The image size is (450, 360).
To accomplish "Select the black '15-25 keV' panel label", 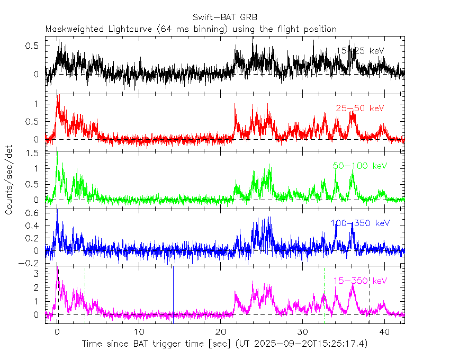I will pos(360,51).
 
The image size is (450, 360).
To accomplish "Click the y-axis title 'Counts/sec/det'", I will pos(9,180).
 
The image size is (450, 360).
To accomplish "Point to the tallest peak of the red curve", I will pos(57,96).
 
